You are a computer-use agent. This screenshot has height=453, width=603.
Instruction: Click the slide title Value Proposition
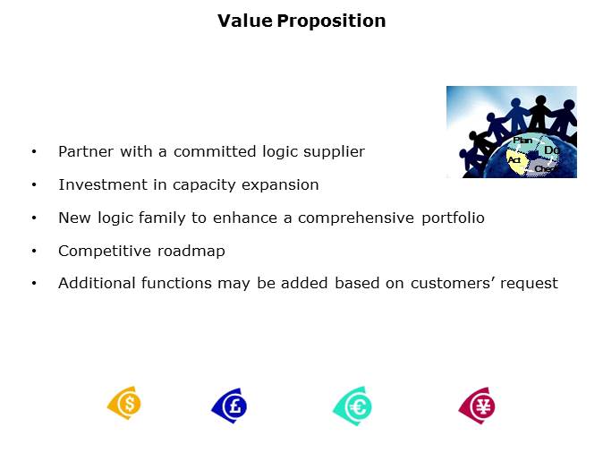[301, 21]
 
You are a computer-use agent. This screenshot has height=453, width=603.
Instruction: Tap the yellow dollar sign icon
[124, 405]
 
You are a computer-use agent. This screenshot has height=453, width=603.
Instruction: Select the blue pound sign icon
[229, 406]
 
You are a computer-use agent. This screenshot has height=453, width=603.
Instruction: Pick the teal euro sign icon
[352, 406]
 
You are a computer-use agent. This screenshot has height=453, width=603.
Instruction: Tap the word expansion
[283, 185]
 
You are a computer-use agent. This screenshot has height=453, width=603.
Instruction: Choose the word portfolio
[451, 218]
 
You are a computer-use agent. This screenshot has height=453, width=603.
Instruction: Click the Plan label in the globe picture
[522, 141]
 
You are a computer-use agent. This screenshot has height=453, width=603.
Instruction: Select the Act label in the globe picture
[514, 159]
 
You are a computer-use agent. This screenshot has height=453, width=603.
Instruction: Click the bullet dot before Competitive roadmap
[34, 251]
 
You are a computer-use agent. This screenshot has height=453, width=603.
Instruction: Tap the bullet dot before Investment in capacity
[34, 185]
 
